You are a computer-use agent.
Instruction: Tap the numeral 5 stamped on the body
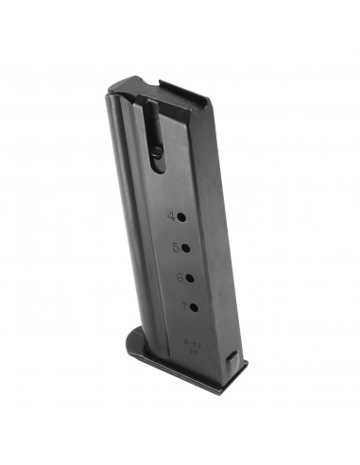(x=176, y=248)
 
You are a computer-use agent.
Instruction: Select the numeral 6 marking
(x=178, y=277)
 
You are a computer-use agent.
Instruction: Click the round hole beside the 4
(x=184, y=216)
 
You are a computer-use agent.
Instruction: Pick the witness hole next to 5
(x=187, y=248)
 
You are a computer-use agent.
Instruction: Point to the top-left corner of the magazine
(x=110, y=91)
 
